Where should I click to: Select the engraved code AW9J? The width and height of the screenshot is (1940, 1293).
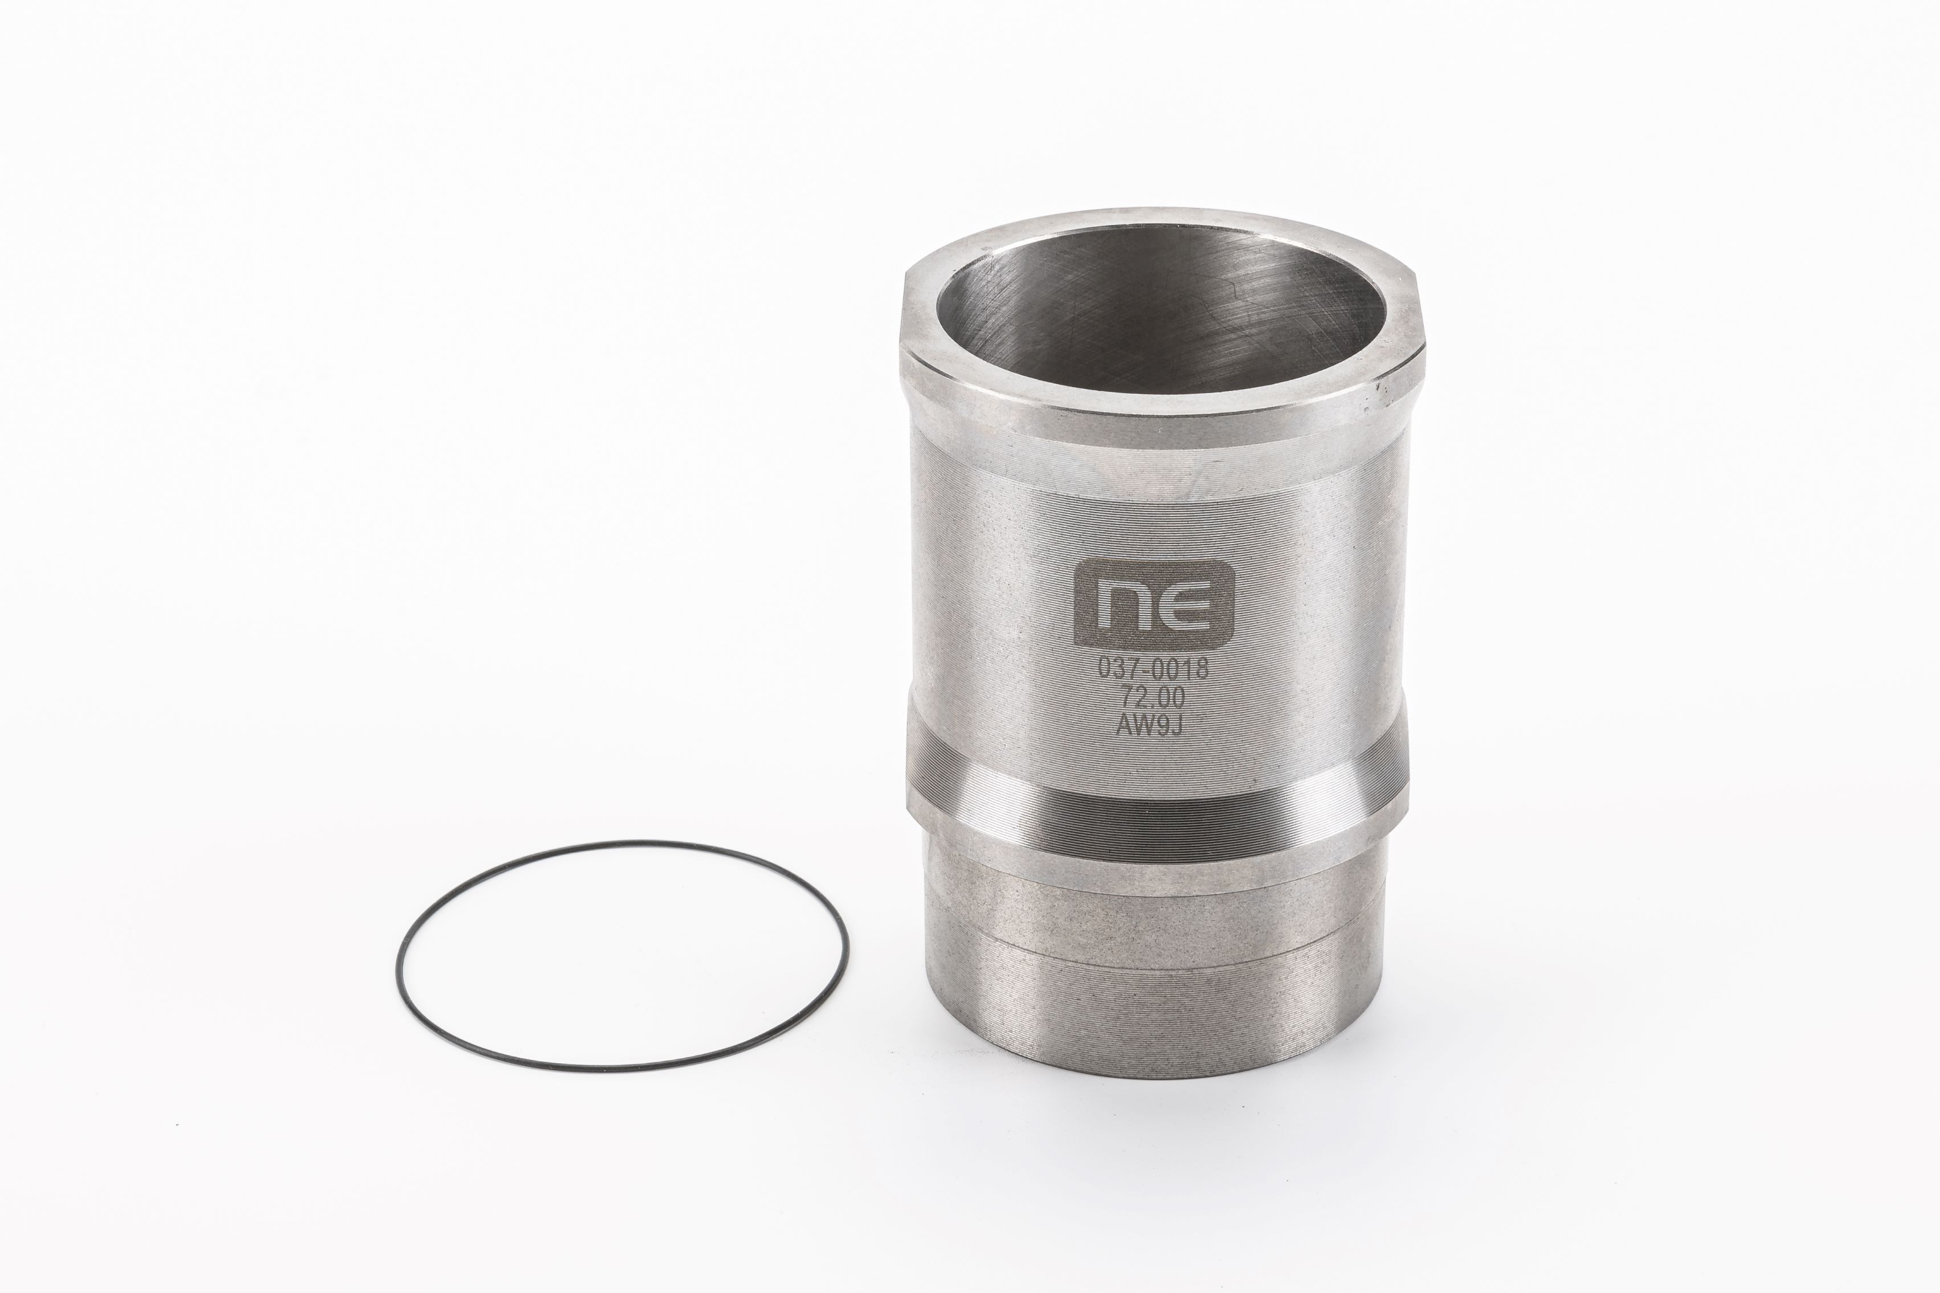[x=1151, y=725]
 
